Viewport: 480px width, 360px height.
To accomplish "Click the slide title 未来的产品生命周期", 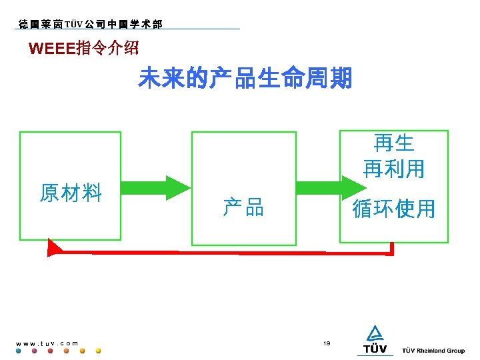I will click(245, 79).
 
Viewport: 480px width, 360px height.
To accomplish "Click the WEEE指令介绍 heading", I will click(84, 49).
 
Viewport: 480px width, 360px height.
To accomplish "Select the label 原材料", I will click(70, 193).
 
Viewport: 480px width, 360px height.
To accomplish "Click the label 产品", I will click(243, 207).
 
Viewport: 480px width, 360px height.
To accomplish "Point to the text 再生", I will click(393, 143).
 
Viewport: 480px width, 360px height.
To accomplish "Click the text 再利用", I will click(393, 169).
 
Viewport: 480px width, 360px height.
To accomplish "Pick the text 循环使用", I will click(393, 209).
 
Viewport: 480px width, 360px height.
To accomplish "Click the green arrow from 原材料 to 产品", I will click(156, 188).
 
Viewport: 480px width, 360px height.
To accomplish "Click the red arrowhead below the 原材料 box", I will click(54, 249).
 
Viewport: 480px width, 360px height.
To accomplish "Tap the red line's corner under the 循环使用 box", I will click(391, 251).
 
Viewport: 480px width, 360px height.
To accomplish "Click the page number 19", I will click(327, 343).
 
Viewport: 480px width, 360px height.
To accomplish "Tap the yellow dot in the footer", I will click(99, 351).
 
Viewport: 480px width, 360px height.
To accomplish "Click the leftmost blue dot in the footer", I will click(18, 351).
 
